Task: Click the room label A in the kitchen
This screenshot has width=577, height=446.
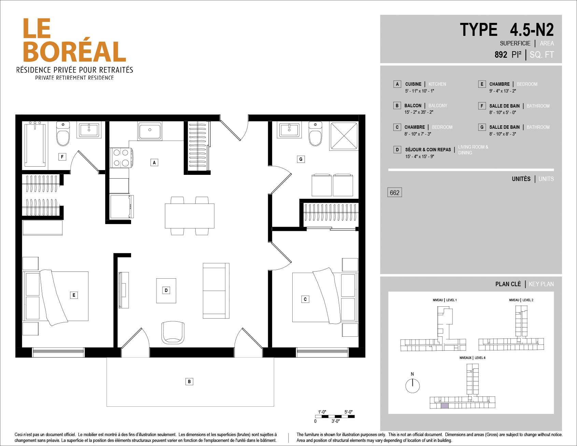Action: pos(154,163)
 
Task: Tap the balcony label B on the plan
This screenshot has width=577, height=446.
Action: pos(189,381)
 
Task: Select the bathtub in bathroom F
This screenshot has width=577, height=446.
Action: pos(35,145)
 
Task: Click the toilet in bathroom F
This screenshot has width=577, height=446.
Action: pos(63,134)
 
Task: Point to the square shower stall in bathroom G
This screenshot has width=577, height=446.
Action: pos(344,136)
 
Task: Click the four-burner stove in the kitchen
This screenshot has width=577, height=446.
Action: pos(121,158)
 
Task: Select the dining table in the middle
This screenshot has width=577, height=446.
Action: pos(189,216)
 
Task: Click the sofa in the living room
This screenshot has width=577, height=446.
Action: pos(216,291)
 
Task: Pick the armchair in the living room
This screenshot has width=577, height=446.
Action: pos(173,332)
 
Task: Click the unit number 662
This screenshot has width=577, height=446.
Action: pos(394,193)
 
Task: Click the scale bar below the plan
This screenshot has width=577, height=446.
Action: pos(335,416)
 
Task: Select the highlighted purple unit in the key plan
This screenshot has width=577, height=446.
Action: pos(445,406)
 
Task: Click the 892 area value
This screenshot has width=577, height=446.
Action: pos(501,55)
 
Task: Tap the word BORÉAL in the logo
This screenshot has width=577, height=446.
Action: pos(74,52)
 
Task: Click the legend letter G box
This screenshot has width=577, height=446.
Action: pos(482,127)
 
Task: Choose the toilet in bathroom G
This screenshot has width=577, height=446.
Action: pos(315,134)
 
